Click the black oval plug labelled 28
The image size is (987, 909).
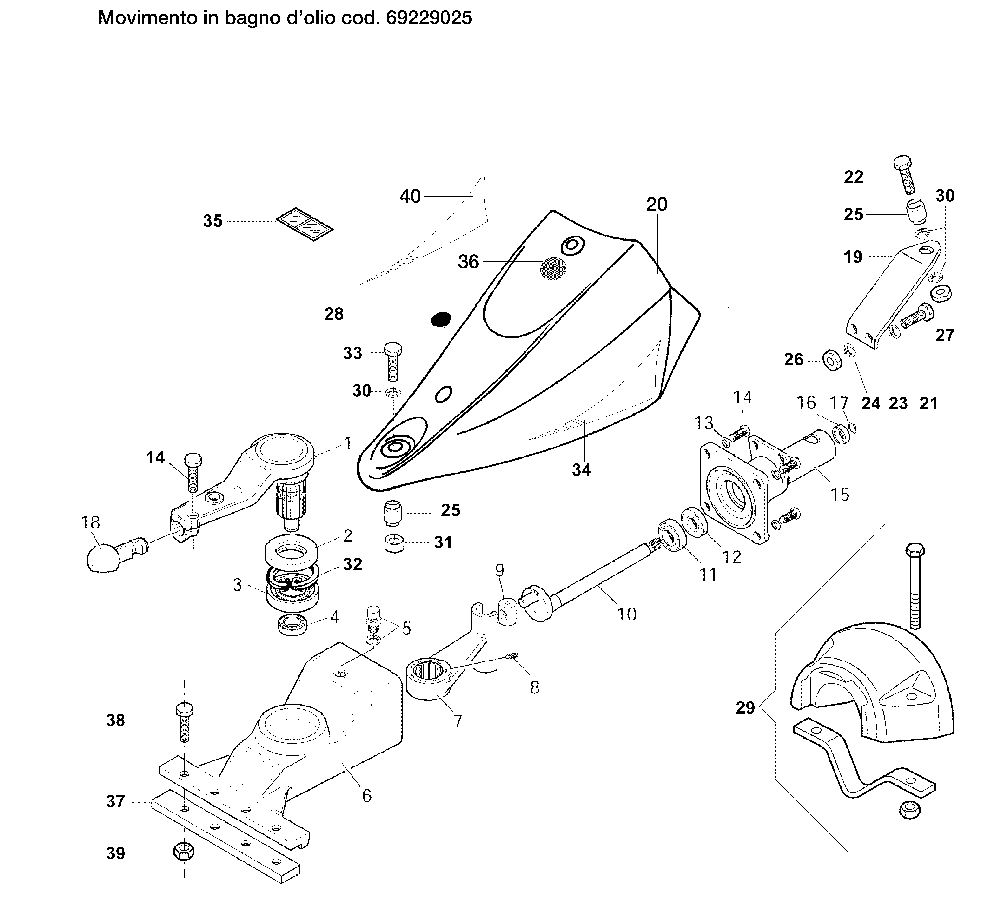tap(441, 319)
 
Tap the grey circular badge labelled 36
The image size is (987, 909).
tap(553, 269)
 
